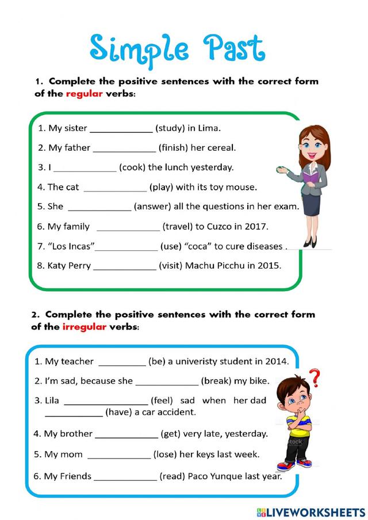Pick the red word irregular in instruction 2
pyautogui.click(x=85, y=327)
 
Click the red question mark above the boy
pyautogui.click(x=314, y=378)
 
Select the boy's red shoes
pyautogui.click(x=294, y=464)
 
